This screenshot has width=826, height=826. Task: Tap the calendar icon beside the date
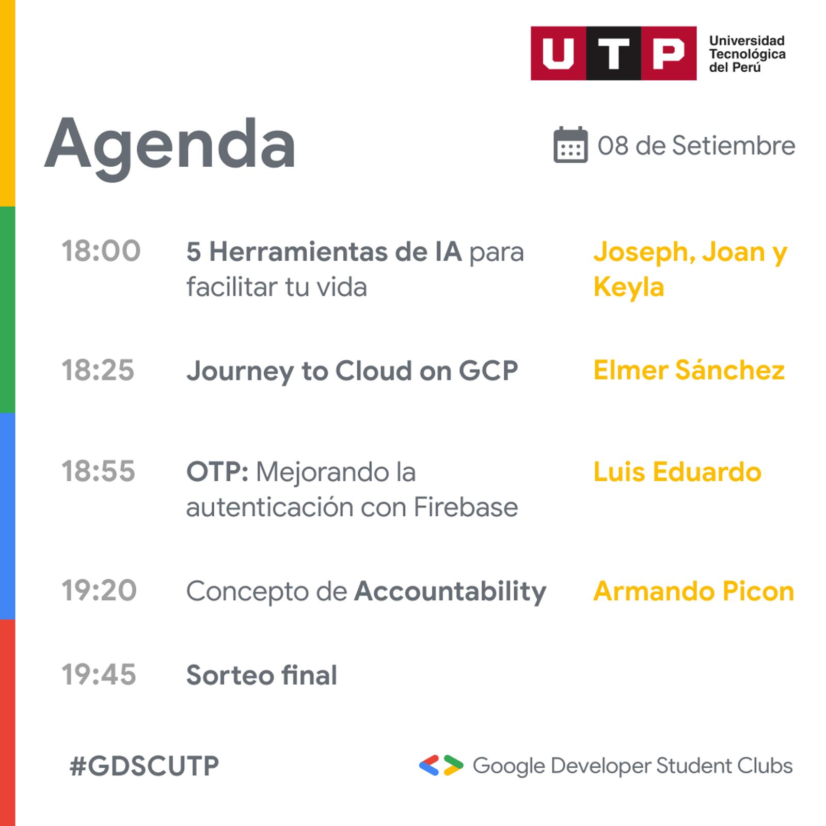(570, 145)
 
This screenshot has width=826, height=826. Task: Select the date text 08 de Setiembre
(696, 146)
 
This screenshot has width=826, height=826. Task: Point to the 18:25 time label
(98, 370)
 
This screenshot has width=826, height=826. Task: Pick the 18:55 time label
(99, 471)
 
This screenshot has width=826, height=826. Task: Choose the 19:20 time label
(99, 591)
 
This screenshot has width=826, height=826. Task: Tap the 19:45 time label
(99, 675)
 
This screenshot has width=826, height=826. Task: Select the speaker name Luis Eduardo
(677, 472)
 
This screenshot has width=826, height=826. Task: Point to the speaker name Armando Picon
(694, 591)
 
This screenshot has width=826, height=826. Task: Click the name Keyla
(629, 288)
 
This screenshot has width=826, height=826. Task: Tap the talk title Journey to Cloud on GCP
(353, 371)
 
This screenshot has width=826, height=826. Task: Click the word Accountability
(450, 592)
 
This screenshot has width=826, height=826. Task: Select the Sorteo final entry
(262, 675)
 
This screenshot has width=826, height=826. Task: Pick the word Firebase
(466, 507)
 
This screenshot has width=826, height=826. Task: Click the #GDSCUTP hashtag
(145, 766)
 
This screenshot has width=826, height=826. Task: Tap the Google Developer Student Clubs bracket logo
(441, 766)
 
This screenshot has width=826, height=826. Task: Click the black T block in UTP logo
(614, 53)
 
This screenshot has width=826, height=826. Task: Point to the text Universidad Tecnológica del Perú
(747, 54)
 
